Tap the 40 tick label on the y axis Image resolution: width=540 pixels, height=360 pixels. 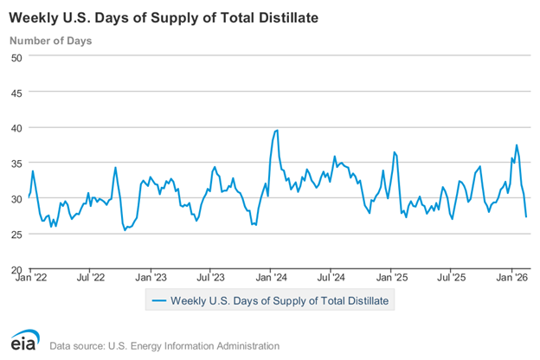point(16,127)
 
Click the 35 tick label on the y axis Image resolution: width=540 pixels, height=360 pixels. point(16,163)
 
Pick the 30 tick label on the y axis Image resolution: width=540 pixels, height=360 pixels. point(16,198)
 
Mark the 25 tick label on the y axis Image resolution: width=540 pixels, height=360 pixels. point(16,234)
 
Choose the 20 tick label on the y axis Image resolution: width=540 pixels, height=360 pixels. point(16,269)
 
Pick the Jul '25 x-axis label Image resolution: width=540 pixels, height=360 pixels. point(454,278)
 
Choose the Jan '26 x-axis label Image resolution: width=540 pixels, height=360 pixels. point(516,278)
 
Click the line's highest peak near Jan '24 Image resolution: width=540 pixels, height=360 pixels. point(276,131)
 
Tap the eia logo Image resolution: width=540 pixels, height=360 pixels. point(25,342)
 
